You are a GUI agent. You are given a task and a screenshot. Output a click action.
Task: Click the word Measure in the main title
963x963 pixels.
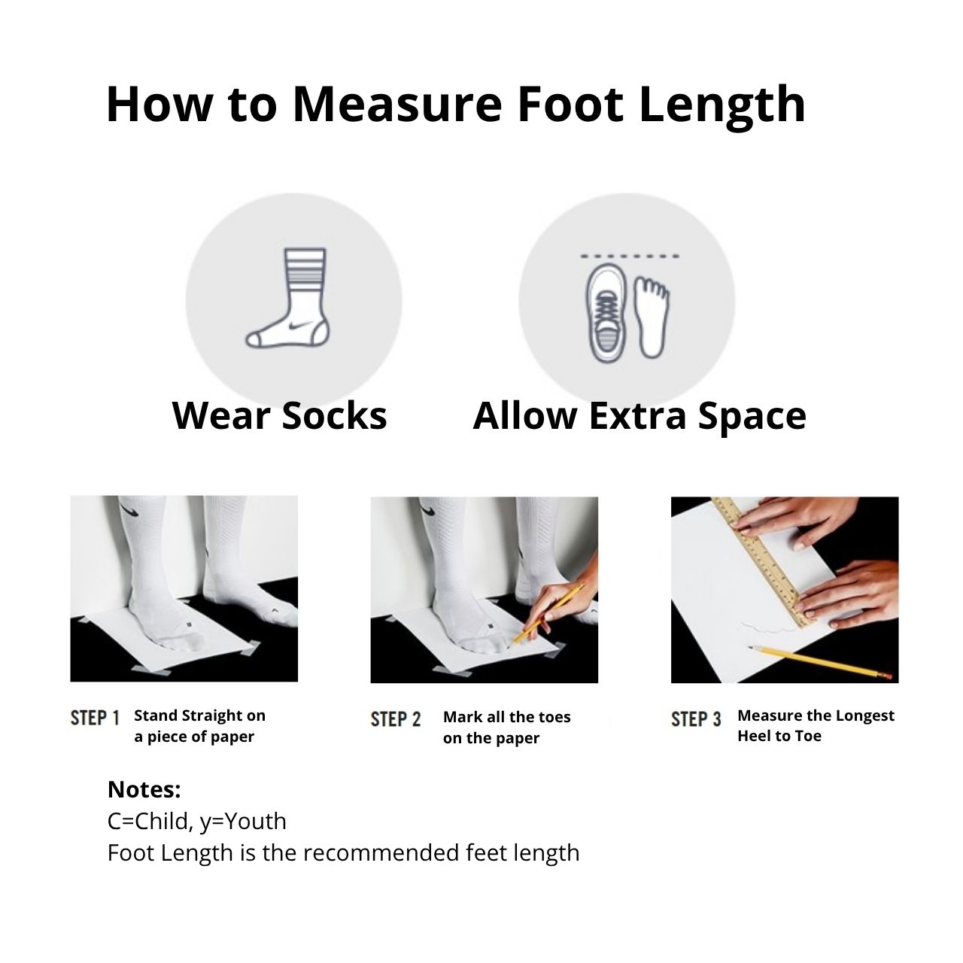pyautogui.click(x=396, y=104)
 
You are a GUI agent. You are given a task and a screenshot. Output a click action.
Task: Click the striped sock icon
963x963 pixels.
pyautogui.click(x=288, y=298)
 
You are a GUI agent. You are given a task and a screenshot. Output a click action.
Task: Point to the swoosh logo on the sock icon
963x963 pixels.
pyautogui.click(x=300, y=326)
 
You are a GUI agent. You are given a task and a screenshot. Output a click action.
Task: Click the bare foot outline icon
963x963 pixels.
pyautogui.click(x=652, y=317)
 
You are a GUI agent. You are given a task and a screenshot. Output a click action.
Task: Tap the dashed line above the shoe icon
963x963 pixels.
pyautogui.click(x=630, y=257)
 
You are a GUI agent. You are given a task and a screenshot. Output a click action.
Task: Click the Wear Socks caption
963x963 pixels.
pyautogui.click(x=279, y=415)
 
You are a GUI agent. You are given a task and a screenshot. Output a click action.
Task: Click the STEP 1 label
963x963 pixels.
pyautogui.click(x=95, y=718)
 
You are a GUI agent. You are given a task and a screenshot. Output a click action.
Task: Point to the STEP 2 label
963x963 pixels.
pyautogui.click(x=395, y=720)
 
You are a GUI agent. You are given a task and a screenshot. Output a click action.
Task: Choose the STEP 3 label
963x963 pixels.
pyautogui.click(x=696, y=720)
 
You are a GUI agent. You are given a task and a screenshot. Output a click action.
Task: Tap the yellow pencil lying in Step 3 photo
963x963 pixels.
pyautogui.click(x=820, y=663)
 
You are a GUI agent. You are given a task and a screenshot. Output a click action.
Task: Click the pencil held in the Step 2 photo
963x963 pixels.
pyautogui.click(x=547, y=614)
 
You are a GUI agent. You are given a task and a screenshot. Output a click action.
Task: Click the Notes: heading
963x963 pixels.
pyautogui.click(x=144, y=790)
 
